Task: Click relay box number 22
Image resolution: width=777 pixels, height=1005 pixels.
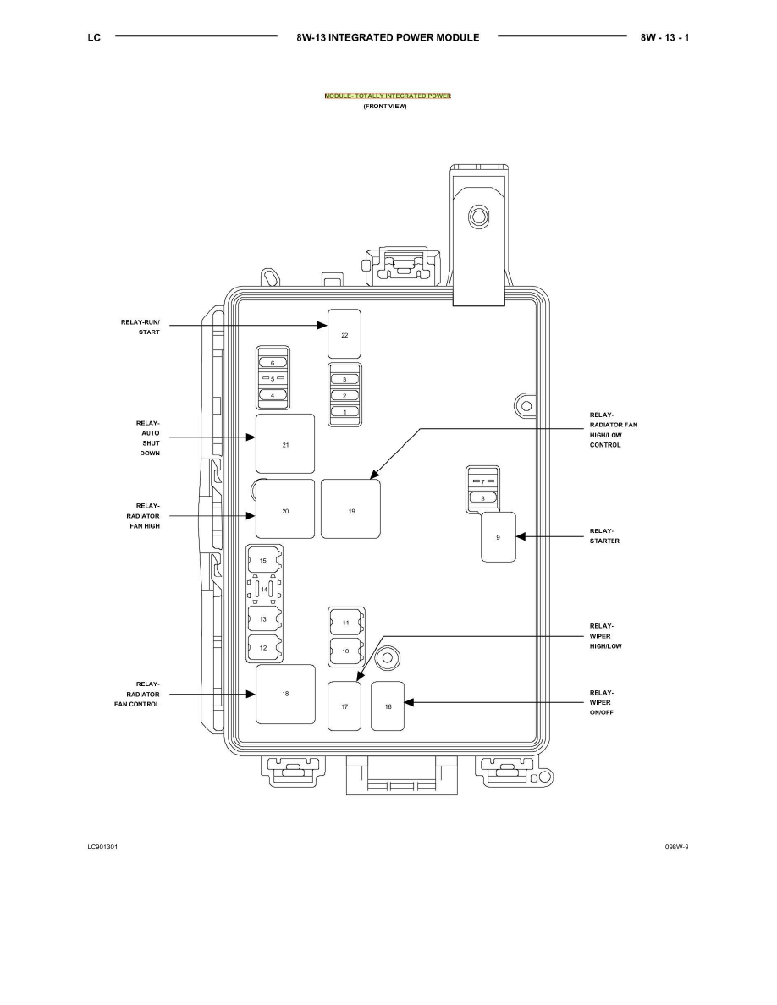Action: [344, 334]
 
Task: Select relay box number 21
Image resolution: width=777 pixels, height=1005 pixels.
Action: [285, 443]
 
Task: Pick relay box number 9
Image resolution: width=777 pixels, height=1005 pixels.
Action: [499, 537]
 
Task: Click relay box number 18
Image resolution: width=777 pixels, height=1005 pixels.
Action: [286, 695]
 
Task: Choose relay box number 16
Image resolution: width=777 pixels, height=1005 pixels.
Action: [388, 706]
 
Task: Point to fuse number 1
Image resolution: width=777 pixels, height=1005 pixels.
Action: [344, 412]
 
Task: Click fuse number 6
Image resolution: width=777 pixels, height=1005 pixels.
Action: [273, 363]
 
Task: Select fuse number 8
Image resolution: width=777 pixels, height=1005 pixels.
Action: [482, 498]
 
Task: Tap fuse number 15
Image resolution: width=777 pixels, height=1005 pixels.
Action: [263, 561]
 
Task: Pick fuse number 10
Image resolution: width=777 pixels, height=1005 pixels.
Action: [346, 651]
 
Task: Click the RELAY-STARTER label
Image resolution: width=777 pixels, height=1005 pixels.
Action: [604, 535]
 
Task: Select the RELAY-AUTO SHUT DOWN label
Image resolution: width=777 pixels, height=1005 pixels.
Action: [148, 437]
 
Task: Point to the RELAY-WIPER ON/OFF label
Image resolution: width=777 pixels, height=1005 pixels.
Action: [601, 702]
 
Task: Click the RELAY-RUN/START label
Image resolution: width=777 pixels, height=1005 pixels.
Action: [141, 327]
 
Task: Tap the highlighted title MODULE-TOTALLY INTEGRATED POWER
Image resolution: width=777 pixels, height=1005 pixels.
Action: [388, 96]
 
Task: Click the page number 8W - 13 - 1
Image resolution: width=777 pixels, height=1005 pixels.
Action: [664, 38]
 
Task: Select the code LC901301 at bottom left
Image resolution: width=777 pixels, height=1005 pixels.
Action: [102, 847]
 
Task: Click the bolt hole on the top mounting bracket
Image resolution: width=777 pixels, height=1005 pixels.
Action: [477, 217]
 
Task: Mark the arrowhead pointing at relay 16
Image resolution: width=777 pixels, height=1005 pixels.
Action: [409, 702]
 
